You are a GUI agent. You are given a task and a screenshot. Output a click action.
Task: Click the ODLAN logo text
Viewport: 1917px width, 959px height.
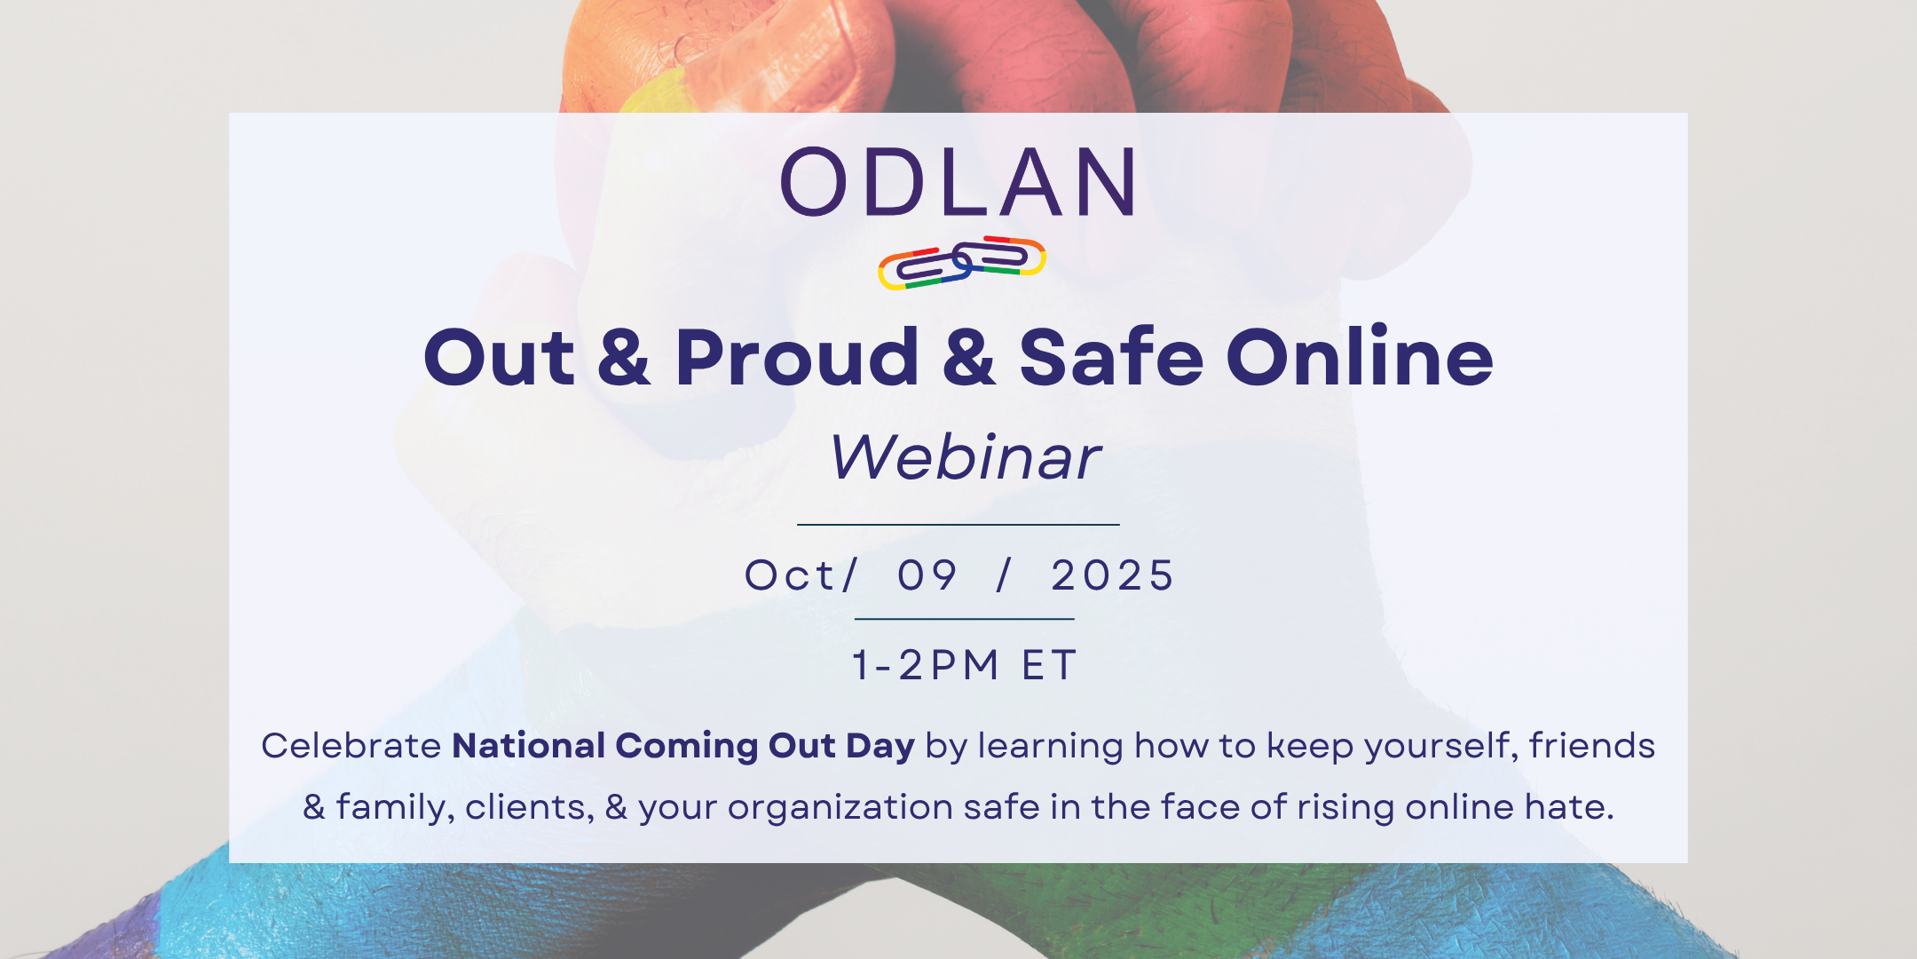tap(958, 182)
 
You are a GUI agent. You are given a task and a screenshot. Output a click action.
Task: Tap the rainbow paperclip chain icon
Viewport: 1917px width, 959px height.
tap(962, 263)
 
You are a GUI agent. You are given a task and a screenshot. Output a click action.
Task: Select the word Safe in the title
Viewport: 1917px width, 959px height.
tap(1111, 357)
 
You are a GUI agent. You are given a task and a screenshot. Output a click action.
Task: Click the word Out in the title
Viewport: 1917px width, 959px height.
tap(499, 358)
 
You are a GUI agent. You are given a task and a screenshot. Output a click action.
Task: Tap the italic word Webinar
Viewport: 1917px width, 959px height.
tap(965, 457)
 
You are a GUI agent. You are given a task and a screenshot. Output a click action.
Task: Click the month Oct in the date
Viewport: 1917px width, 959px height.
tap(789, 575)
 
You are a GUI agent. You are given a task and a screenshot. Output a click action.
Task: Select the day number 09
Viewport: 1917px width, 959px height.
tap(927, 575)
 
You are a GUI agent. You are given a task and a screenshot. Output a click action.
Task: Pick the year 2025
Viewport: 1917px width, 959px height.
tap(1113, 575)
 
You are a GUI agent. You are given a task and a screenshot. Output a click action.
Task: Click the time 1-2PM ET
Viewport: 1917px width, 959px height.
tap(965, 665)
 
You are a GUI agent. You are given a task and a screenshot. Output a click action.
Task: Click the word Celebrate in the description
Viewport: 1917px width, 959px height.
tap(351, 746)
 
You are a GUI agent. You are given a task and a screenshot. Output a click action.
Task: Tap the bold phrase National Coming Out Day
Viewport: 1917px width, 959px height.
tap(683, 747)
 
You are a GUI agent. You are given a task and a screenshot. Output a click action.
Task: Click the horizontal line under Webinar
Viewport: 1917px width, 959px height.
tap(958, 525)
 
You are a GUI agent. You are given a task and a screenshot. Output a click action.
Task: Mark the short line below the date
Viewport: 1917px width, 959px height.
tap(965, 619)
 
